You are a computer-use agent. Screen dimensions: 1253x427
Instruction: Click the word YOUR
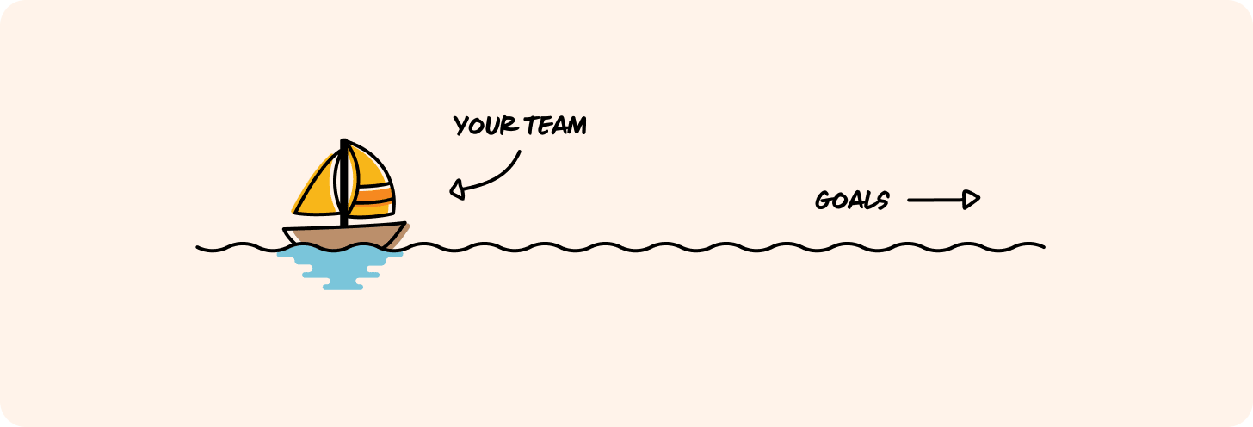click(x=485, y=127)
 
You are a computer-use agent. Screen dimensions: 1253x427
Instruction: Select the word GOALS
click(x=851, y=201)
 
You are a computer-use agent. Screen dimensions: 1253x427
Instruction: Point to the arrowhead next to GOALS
click(x=972, y=200)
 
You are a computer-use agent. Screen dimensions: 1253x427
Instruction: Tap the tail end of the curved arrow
click(x=520, y=153)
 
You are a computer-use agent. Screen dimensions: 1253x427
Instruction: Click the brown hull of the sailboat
click(x=344, y=236)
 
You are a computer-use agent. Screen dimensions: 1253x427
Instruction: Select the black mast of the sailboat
click(x=344, y=185)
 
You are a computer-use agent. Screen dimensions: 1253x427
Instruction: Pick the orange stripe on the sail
click(x=375, y=197)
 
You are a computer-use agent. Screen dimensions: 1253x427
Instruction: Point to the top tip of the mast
click(x=344, y=141)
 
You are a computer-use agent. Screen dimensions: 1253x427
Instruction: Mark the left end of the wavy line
click(x=199, y=248)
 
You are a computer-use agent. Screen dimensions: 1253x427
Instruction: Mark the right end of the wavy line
click(x=1043, y=247)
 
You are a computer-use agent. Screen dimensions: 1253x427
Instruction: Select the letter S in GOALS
click(x=882, y=201)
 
